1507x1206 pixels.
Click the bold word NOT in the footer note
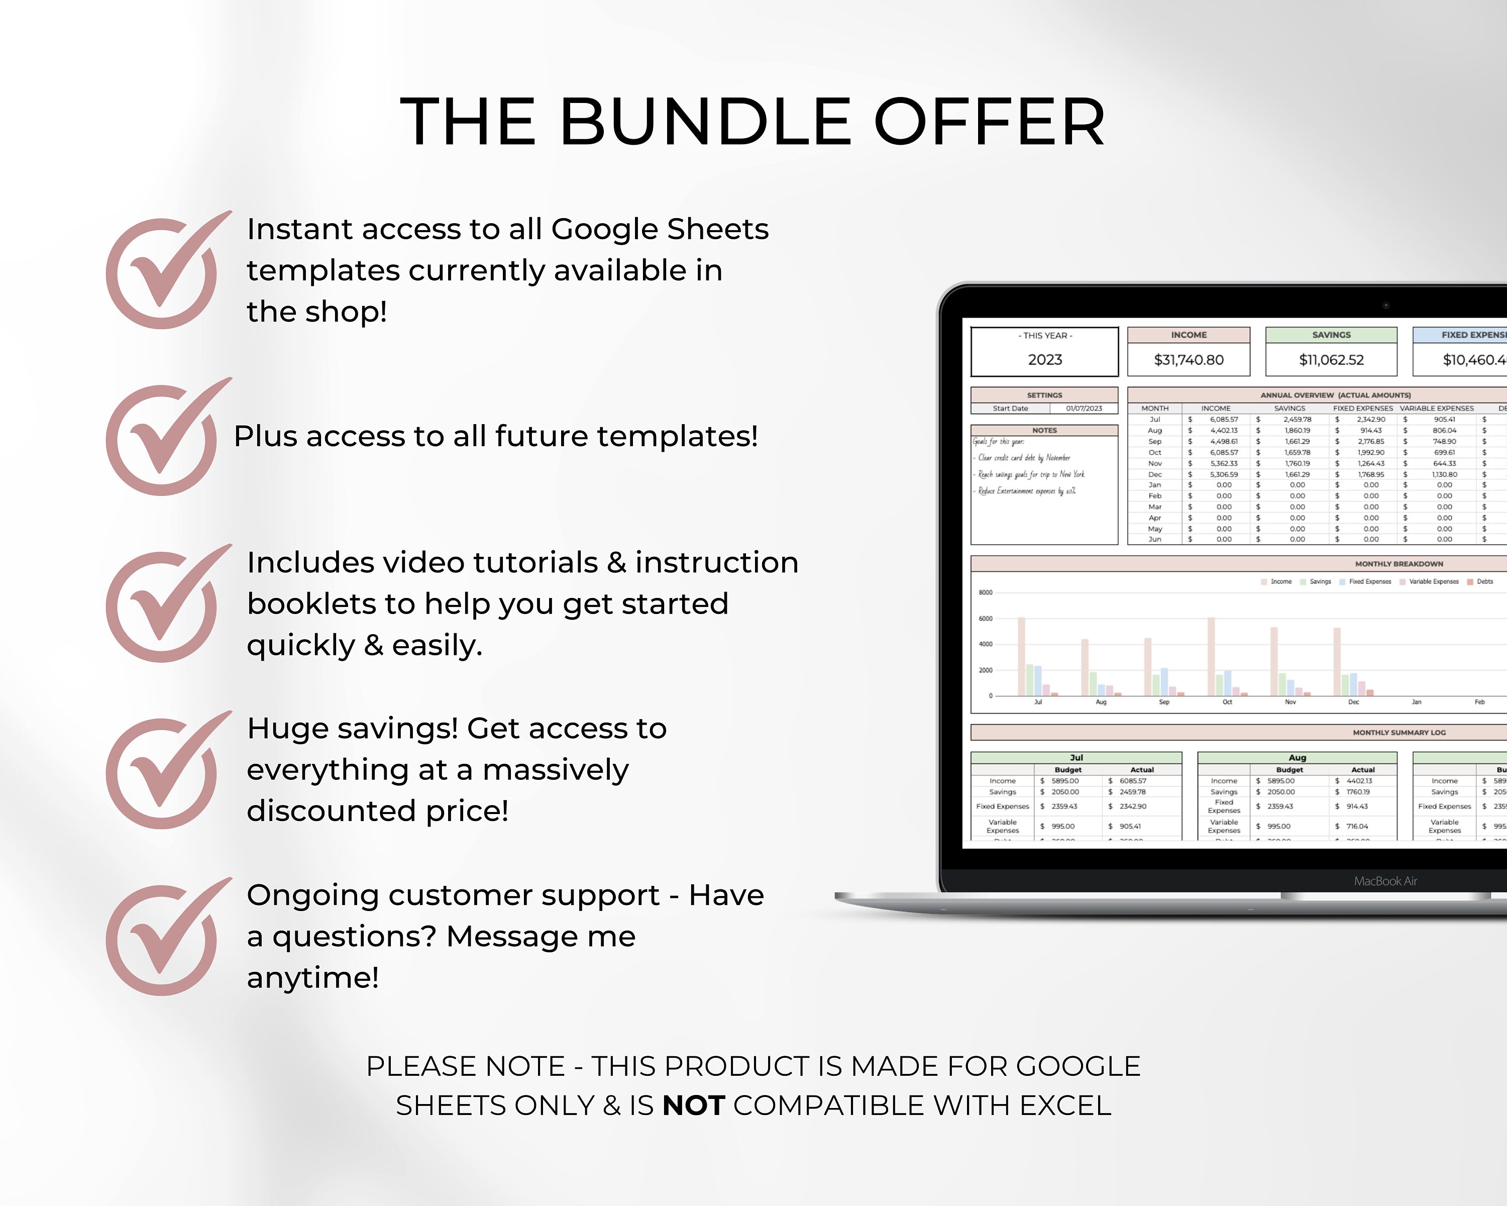pos(693,1105)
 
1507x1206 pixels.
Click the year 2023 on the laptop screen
pos(1044,359)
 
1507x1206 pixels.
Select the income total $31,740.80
pos(1188,359)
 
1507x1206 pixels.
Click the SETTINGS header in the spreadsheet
pos(1044,395)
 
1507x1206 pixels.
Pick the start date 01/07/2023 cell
pos(1084,409)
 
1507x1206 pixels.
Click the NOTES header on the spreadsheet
pos(1044,431)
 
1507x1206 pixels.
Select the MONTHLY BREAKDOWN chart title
pos(1398,563)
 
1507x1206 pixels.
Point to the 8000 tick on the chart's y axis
pos(986,592)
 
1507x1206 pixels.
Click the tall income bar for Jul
pos(1021,656)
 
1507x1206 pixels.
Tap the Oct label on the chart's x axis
pos(1227,702)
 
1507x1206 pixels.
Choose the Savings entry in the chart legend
pos(1320,582)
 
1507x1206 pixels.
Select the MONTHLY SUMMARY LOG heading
pos(1398,733)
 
